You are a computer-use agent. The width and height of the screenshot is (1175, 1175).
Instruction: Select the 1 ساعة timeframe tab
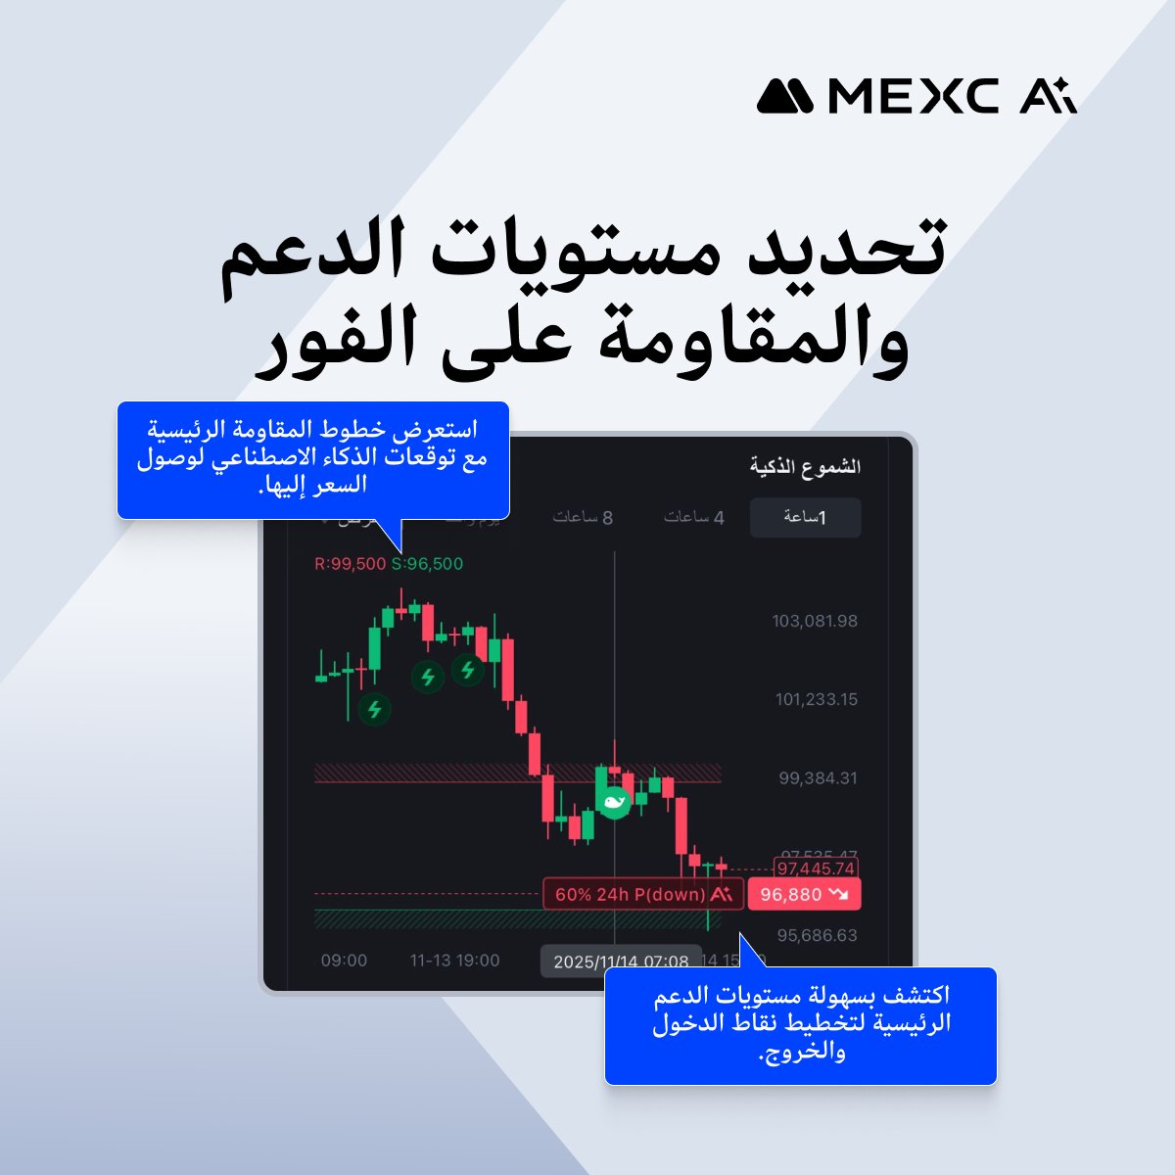click(805, 517)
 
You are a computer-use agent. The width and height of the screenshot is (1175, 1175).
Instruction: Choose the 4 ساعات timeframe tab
click(694, 517)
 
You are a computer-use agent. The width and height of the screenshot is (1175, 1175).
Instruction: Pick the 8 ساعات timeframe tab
click(583, 517)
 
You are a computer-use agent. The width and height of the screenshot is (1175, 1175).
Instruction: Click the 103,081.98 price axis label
click(815, 621)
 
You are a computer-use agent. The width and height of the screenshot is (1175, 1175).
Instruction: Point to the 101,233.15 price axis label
click(816, 699)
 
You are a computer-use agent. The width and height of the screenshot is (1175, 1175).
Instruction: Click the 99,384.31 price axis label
click(818, 778)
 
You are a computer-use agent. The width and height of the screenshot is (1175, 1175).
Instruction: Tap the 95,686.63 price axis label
click(818, 935)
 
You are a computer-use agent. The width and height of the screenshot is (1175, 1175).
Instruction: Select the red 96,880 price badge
click(804, 894)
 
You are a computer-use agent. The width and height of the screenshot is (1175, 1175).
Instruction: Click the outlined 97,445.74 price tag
click(815, 869)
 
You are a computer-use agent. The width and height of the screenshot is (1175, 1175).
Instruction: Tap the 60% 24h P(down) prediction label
click(641, 894)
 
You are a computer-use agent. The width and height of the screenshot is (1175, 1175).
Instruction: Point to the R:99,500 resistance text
click(350, 564)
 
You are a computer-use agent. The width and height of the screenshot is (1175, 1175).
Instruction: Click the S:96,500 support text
click(427, 564)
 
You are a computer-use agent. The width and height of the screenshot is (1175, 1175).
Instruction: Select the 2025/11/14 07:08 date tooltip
click(621, 962)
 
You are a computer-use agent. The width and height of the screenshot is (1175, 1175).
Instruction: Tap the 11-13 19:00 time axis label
click(454, 961)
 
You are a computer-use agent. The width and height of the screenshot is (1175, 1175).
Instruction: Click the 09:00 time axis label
click(344, 961)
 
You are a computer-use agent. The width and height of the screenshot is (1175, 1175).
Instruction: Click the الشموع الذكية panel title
click(805, 466)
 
